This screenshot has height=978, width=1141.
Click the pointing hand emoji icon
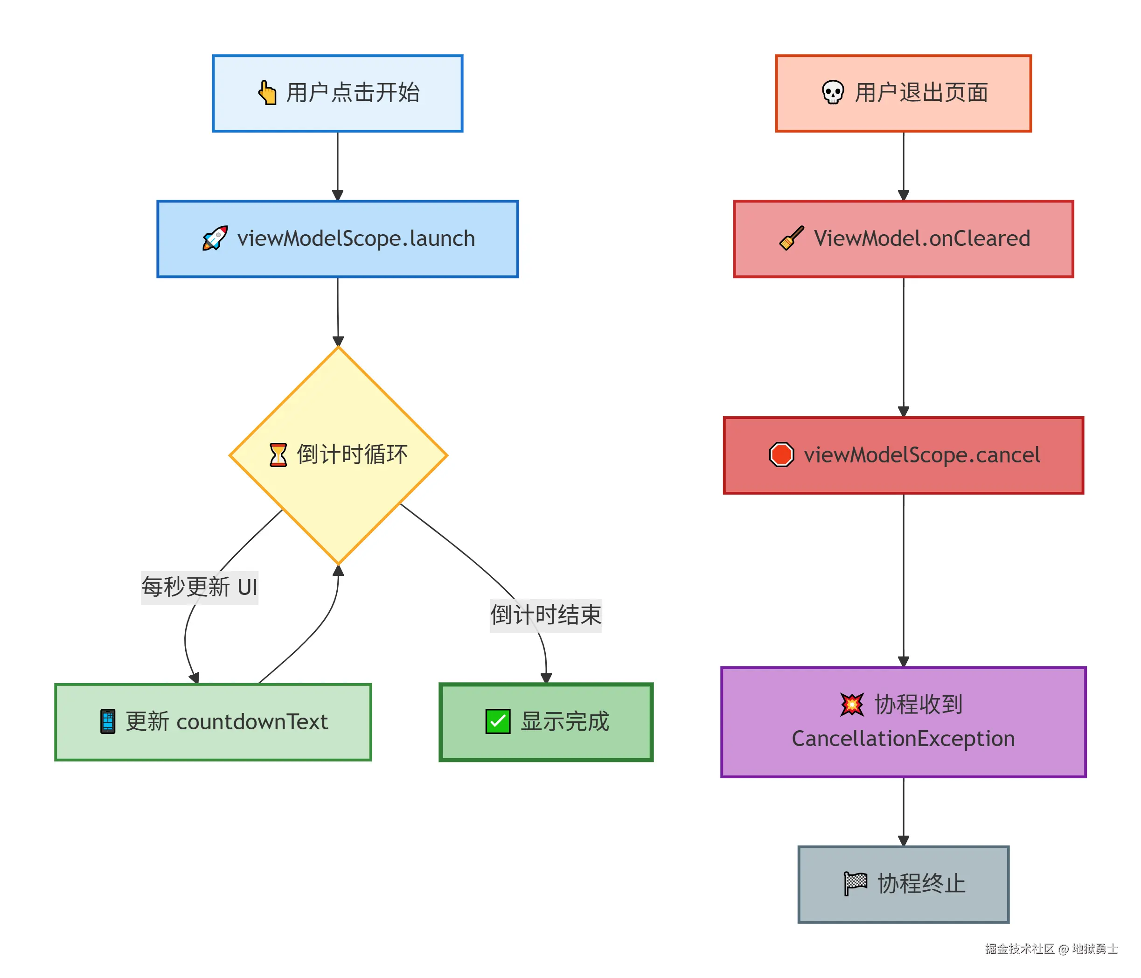pyautogui.click(x=267, y=92)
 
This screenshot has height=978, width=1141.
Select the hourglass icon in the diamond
pyautogui.click(x=278, y=455)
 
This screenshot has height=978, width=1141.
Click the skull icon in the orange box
pyautogui.click(x=833, y=92)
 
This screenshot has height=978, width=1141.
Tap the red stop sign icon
pyautogui.click(x=781, y=455)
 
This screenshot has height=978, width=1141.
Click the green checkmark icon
pyautogui.click(x=498, y=721)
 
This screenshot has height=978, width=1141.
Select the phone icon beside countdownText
pyautogui.click(x=108, y=721)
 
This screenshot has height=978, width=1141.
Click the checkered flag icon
pyautogui.click(x=855, y=884)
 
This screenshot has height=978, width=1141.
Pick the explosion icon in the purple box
pyautogui.click(x=852, y=704)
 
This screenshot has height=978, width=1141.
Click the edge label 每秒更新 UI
pyautogui.click(x=199, y=587)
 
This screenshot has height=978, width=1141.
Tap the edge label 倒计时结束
pyautogui.click(x=546, y=615)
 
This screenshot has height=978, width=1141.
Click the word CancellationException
pyautogui.click(x=903, y=739)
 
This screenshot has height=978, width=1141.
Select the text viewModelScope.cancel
pyautogui.click(x=922, y=455)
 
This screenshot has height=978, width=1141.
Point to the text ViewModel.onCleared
pyautogui.click(x=922, y=238)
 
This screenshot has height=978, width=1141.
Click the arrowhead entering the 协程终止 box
pyautogui.click(x=904, y=841)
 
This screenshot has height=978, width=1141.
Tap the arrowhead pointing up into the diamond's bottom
pyautogui.click(x=338, y=571)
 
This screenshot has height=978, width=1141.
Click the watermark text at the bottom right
pyautogui.click(x=1051, y=949)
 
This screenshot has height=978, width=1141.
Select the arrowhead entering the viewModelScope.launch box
pyautogui.click(x=338, y=196)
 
